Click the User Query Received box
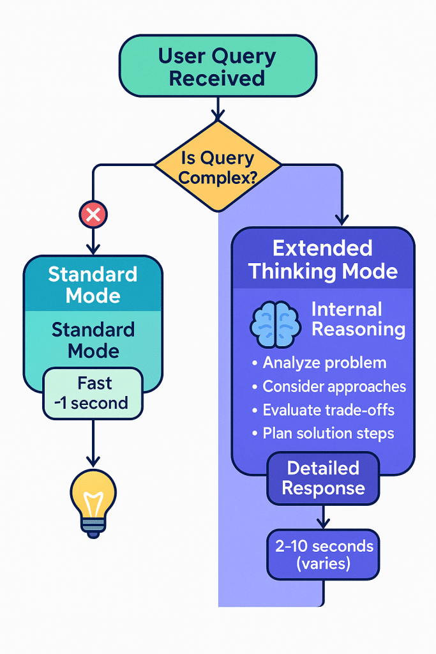(217, 66)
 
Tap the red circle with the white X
(93, 215)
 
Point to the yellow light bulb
(93, 497)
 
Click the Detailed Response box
(323, 478)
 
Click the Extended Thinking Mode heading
(323, 259)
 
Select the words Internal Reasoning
(357, 319)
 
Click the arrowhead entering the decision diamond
(218, 116)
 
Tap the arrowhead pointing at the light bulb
(93, 462)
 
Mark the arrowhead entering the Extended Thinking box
(342, 220)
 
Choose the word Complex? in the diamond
(218, 177)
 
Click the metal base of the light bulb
(93, 525)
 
